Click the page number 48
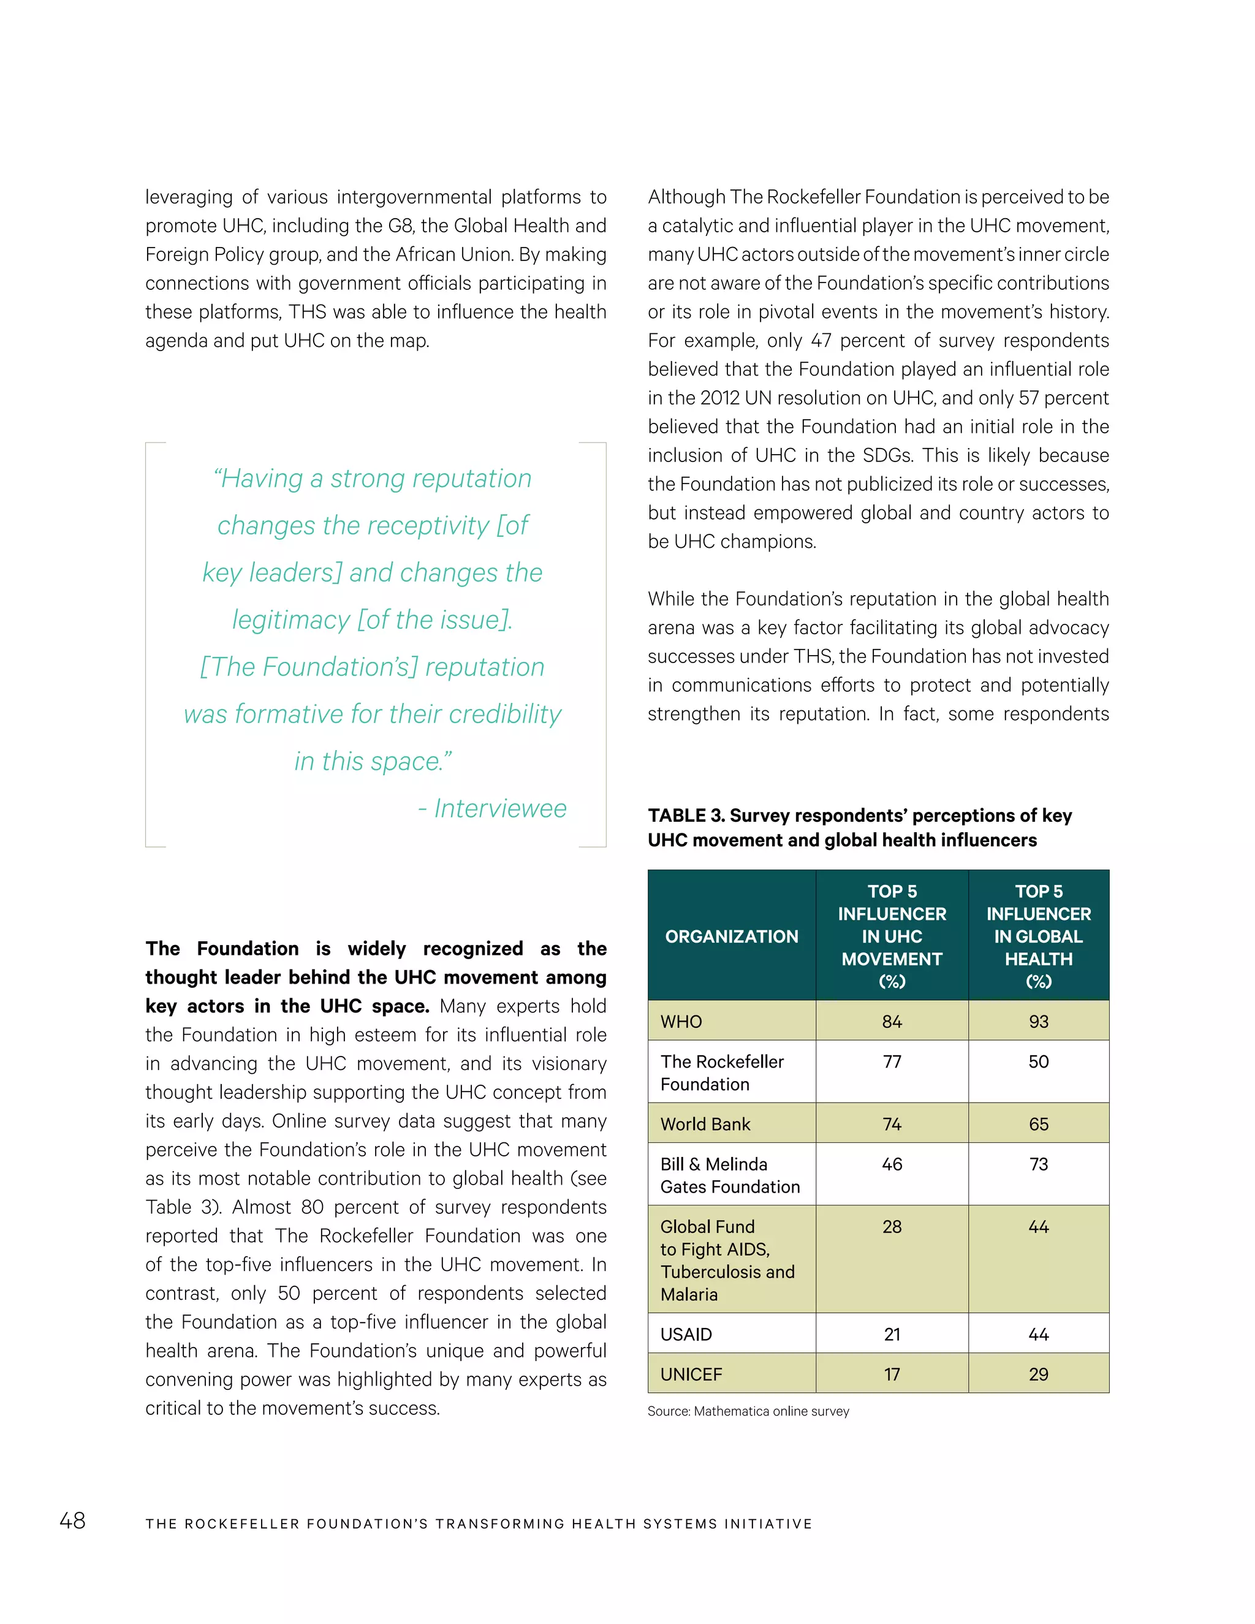pos(72,1520)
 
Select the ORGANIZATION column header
pos(731,936)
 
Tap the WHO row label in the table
pos(681,1022)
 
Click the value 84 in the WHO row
pos(892,1022)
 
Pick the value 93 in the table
pos(1038,1022)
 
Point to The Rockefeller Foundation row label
pos(721,1072)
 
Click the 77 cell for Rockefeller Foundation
pos(892,1062)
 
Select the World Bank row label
pos(705,1125)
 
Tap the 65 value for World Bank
pos(1038,1125)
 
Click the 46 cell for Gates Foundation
pos(892,1164)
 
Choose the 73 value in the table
pos(1038,1164)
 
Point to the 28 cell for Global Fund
pos(892,1227)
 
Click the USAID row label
pos(686,1335)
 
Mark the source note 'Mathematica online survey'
pos(770,1411)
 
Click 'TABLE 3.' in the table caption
pos(686,816)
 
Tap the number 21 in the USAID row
pos(892,1335)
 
